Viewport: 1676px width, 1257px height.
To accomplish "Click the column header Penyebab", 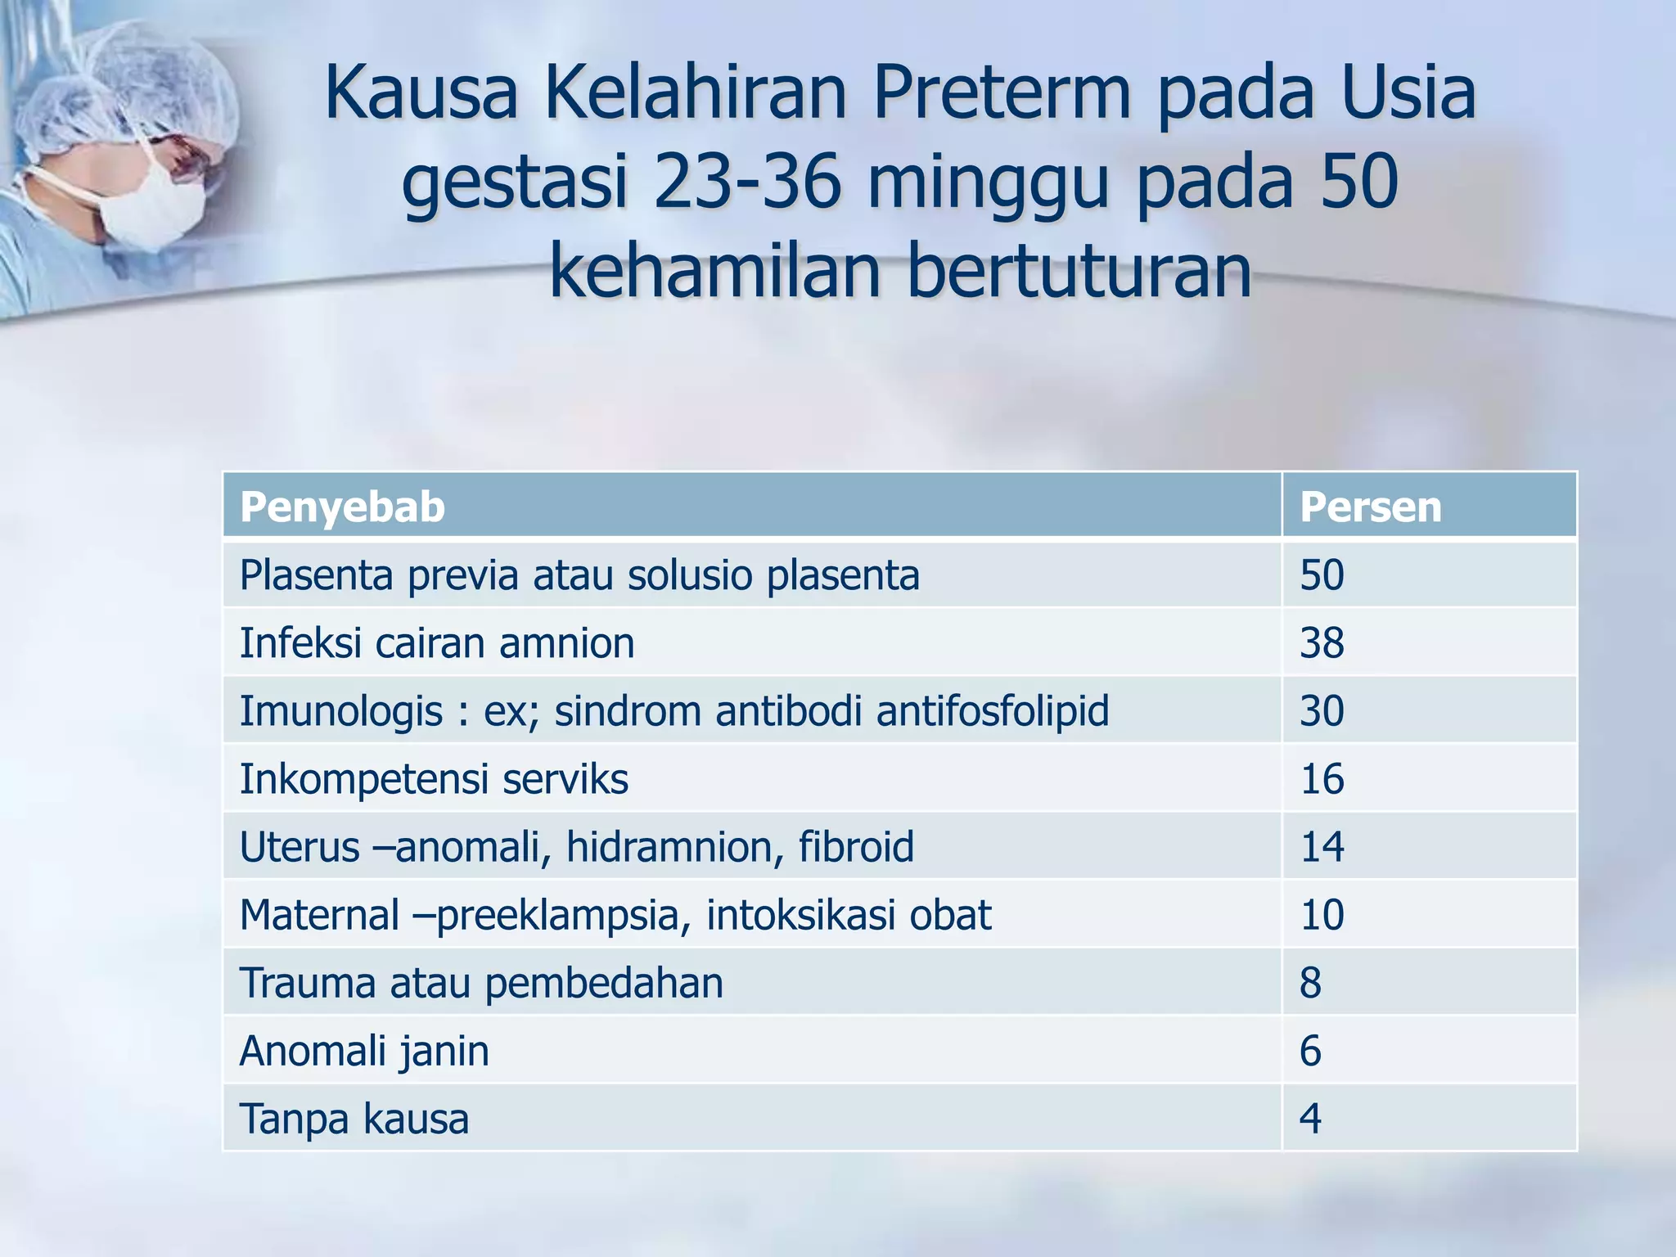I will point(342,507).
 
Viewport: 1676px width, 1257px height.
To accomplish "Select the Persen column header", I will point(1370,507).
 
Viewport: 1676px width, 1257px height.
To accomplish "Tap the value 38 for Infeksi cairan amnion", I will point(1322,643).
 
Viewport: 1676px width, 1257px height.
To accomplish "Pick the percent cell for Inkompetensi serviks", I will point(1322,779).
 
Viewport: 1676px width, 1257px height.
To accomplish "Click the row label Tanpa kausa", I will point(354,1119).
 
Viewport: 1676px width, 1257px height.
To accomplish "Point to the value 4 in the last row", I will point(1310,1119).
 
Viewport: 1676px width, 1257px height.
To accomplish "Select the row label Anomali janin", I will point(364,1051).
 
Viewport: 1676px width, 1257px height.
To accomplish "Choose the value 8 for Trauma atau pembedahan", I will point(1310,983).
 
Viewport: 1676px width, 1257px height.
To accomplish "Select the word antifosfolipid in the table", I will point(992,710).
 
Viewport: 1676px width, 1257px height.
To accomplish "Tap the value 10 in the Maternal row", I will point(1322,915).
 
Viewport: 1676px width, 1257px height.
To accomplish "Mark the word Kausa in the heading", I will point(421,93).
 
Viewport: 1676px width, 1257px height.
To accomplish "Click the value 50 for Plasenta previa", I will point(1322,575).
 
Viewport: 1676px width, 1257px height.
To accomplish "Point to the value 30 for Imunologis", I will point(1322,710).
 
